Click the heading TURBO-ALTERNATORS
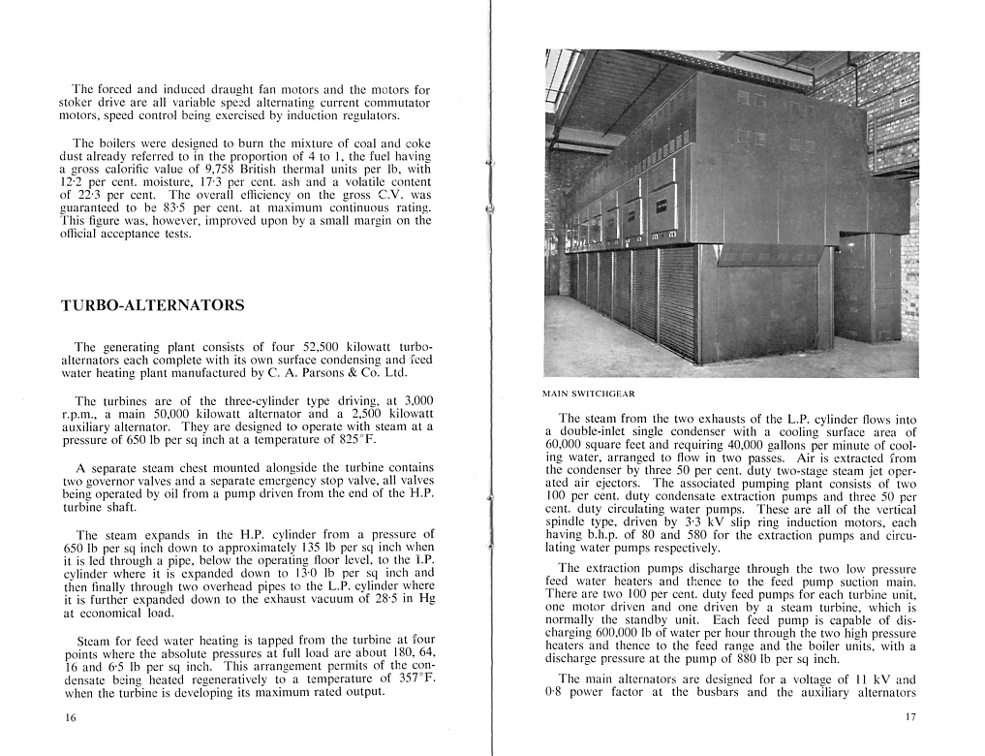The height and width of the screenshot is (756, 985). (152, 305)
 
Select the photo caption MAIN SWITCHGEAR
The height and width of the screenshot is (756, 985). (589, 394)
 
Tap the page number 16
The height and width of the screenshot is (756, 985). (69, 718)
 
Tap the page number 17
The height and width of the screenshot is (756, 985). (909, 718)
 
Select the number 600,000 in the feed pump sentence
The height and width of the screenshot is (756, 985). (581, 633)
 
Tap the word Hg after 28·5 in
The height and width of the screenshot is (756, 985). (423, 599)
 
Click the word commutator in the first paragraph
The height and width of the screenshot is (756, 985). (395, 102)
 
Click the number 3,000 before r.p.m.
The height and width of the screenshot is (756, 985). (416, 400)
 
